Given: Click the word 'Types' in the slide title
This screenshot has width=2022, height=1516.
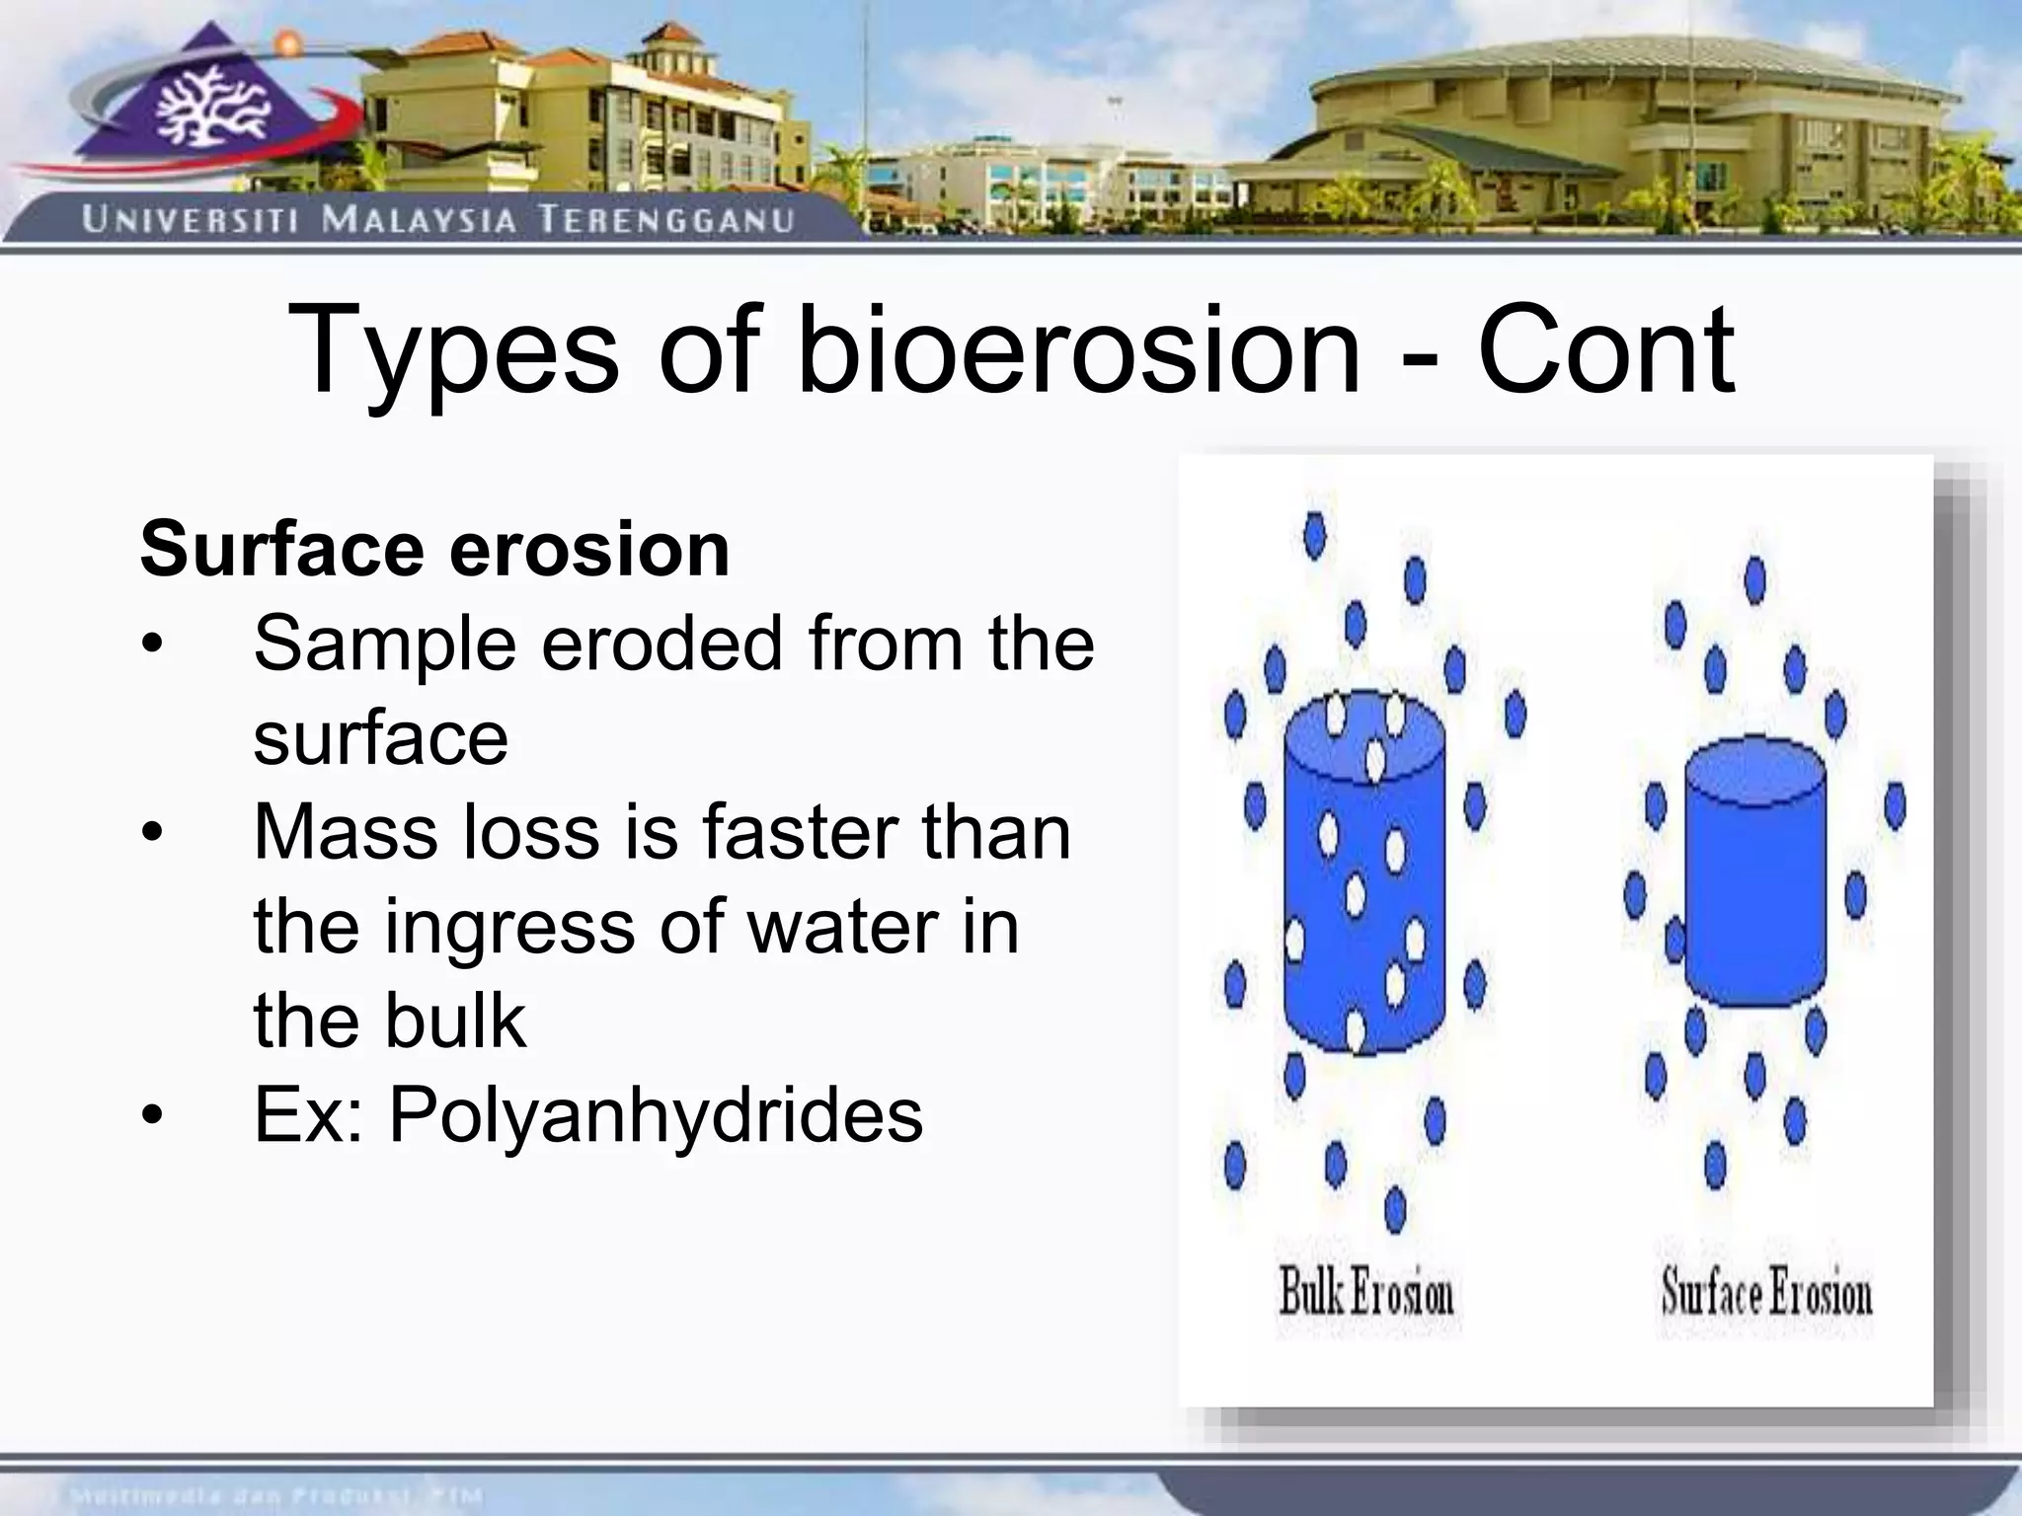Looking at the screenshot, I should click(x=453, y=351).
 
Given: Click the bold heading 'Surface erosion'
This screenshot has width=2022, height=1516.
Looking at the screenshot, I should click(x=434, y=549).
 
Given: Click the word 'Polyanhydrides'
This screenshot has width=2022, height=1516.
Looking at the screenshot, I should click(x=656, y=1115).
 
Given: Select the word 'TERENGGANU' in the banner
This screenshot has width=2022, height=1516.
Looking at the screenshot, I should click(x=666, y=220).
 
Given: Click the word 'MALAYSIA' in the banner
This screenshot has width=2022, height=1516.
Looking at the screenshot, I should click(x=419, y=219).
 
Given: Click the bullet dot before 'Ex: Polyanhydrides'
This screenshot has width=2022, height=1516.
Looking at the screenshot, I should click(x=150, y=1116).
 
